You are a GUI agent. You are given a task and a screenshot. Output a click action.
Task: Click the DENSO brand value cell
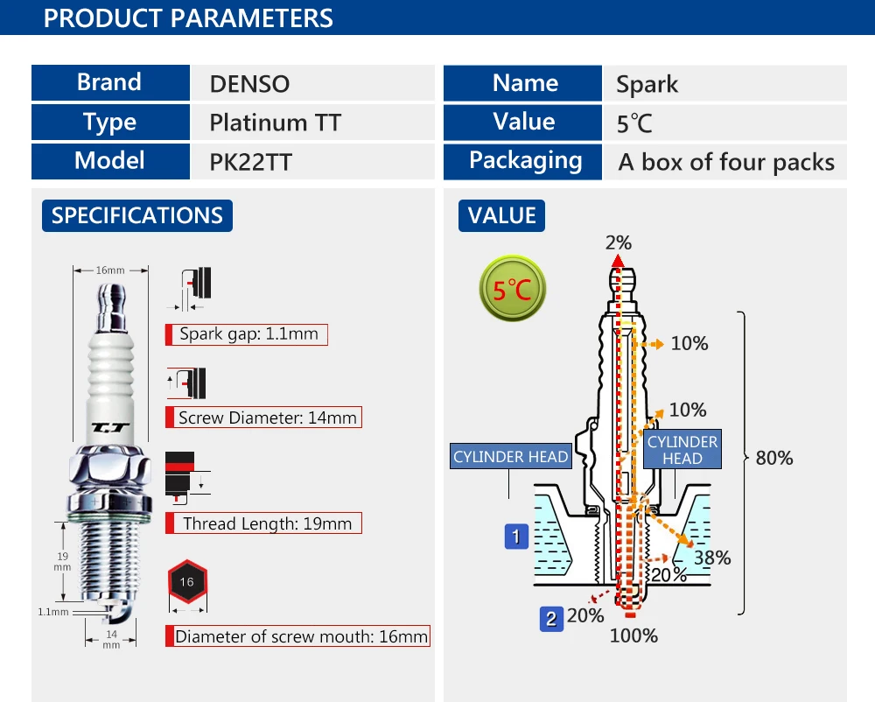312,83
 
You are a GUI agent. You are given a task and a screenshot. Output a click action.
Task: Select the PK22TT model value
250,163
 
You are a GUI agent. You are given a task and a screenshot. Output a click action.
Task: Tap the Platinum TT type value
275,123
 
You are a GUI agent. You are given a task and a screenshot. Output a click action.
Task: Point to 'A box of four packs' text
726,163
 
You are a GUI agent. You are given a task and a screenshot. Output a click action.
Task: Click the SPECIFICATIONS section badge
137,215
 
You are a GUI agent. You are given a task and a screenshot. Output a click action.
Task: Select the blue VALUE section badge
501,215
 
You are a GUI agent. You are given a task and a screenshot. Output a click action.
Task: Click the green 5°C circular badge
512,289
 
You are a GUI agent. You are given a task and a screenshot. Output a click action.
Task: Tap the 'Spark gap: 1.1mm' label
247,334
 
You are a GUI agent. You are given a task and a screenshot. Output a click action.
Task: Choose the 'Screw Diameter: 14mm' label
264,418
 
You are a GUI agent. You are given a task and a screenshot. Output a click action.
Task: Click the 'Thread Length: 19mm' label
264,523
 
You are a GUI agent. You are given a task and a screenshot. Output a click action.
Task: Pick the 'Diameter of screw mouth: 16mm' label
298,636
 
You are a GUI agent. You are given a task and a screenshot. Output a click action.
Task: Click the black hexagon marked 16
187,581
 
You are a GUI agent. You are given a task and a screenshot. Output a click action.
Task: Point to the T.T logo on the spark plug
110,428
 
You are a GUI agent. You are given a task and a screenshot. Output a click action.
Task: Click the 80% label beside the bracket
774,458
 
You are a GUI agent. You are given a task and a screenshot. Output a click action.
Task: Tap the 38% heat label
712,558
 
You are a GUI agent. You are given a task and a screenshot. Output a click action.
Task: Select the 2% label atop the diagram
619,242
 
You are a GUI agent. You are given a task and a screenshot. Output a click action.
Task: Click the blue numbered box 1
516,537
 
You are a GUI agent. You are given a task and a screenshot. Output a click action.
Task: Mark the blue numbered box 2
551,619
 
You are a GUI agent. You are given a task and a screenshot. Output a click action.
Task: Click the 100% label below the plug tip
633,635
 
